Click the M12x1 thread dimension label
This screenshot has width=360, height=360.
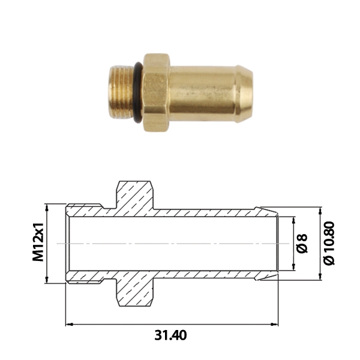click(x=38, y=242)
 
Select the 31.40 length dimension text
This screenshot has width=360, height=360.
click(x=170, y=335)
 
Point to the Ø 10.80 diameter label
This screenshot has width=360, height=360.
click(x=329, y=243)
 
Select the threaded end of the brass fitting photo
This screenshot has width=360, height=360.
click(x=121, y=92)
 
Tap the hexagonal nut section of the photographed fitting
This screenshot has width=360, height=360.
click(x=157, y=92)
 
